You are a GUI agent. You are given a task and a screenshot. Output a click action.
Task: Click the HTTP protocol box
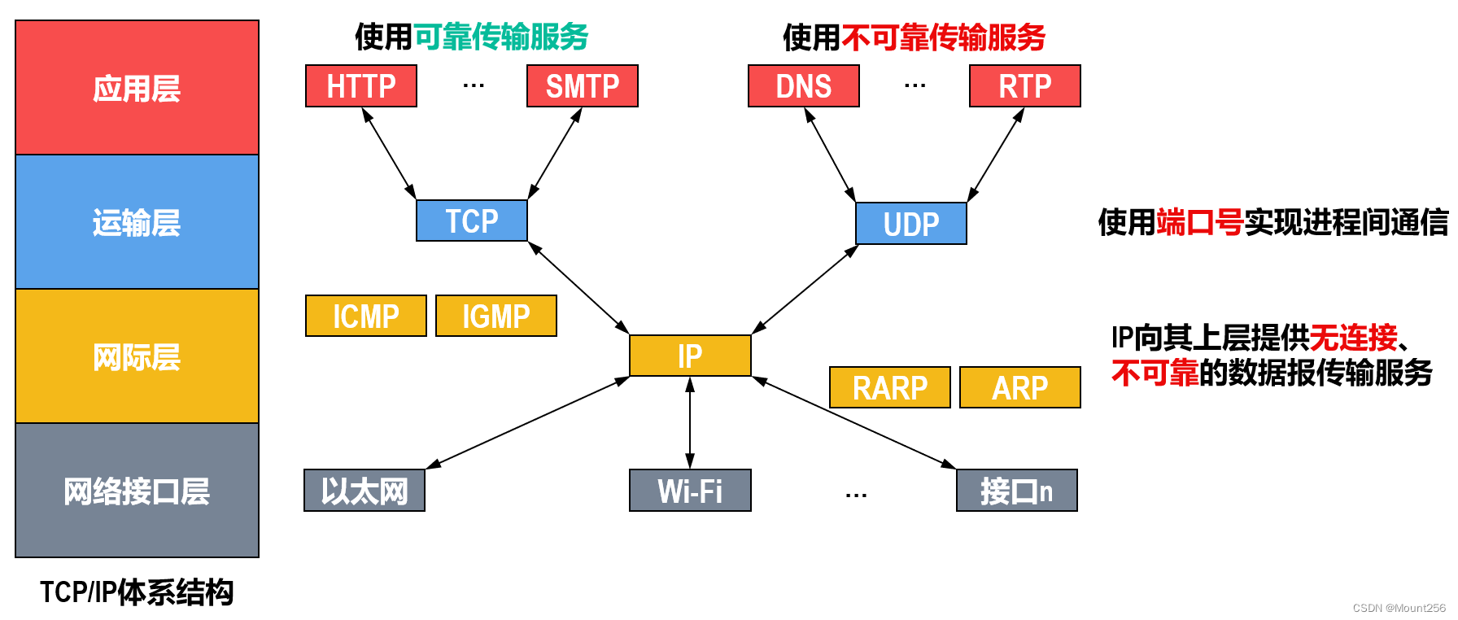(x=361, y=86)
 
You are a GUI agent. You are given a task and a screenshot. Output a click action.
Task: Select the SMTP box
(x=583, y=86)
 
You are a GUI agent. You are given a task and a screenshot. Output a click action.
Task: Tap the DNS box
(x=804, y=86)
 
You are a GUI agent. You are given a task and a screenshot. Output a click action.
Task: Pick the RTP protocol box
(x=1025, y=86)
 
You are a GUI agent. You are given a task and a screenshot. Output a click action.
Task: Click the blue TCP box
(x=472, y=220)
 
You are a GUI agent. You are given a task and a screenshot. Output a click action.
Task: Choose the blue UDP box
(x=911, y=224)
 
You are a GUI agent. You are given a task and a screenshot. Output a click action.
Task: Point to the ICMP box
(x=366, y=316)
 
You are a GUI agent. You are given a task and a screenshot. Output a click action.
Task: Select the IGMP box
(x=496, y=316)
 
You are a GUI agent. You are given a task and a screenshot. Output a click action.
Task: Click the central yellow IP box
(x=690, y=356)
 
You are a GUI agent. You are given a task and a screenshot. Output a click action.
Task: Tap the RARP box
(x=890, y=387)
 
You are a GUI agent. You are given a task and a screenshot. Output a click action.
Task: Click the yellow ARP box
(x=1020, y=387)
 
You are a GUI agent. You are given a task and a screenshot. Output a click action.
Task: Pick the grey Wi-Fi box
(x=690, y=491)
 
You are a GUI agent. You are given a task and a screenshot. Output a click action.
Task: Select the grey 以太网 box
(x=364, y=491)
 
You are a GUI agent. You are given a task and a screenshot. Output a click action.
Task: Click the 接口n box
(x=1017, y=491)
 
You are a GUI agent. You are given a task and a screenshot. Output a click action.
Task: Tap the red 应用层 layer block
(x=137, y=88)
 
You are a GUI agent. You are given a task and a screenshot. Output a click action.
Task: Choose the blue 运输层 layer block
(x=137, y=222)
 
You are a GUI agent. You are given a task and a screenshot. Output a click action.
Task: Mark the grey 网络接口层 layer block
(x=137, y=491)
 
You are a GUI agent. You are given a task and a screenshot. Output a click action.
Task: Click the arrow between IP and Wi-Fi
(x=690, y=423)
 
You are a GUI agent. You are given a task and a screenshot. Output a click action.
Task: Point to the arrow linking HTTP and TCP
(x=390, y=154)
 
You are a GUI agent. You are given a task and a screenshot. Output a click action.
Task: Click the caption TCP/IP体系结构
(x=137, y=592)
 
